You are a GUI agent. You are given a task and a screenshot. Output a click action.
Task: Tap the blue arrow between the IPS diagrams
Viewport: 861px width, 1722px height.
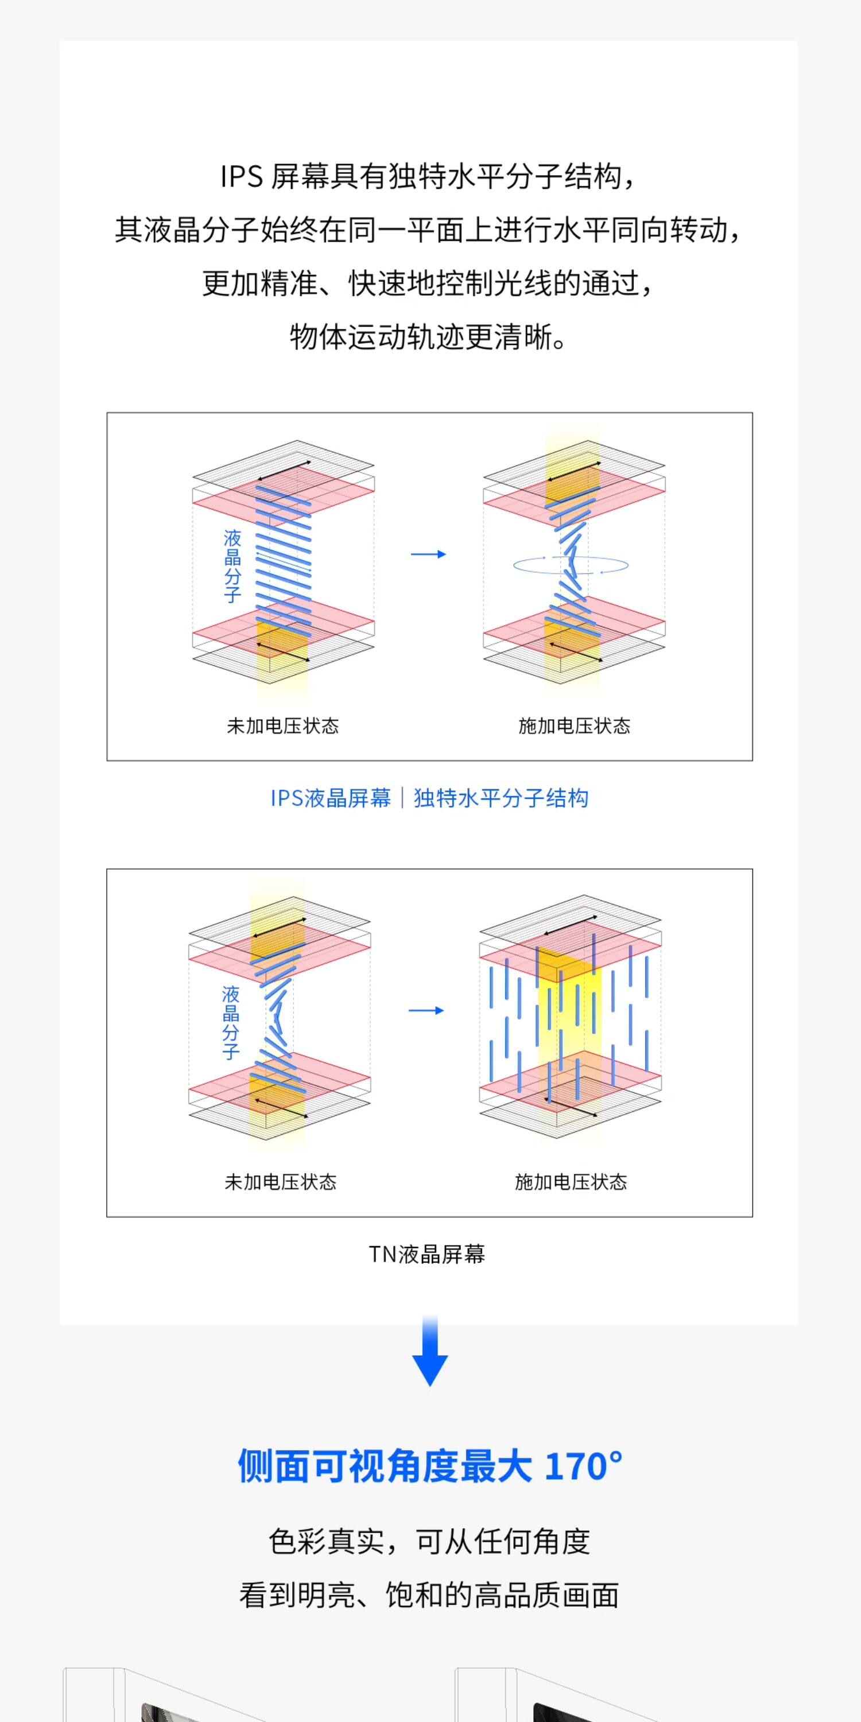(428, 554)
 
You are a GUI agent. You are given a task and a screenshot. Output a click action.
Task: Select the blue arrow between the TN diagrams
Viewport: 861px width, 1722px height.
(426, 1010)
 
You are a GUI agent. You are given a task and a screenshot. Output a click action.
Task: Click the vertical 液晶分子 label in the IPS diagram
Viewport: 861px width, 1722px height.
(232, 566)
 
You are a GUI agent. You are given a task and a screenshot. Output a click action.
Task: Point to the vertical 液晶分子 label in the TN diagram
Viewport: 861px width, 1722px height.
(231, 1023)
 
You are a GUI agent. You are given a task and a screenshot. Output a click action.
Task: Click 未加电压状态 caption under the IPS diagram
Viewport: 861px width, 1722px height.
(283, 726)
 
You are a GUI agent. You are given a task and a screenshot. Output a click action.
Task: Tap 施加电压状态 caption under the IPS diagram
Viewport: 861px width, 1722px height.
(574, 726)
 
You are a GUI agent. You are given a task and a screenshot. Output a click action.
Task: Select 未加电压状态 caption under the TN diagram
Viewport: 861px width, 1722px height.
(281, 1182)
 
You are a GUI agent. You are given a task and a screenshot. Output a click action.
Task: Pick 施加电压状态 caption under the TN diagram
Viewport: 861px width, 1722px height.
(571, 1182)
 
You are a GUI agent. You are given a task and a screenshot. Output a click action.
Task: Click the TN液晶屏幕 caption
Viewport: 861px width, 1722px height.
(427, 1254)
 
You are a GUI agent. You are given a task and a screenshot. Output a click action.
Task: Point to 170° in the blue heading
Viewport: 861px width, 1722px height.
(583, 1466)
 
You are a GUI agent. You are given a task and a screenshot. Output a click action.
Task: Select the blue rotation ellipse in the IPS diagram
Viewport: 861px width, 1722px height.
(570, 565)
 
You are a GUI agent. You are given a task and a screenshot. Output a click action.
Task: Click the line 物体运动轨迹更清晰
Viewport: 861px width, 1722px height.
(429, 337)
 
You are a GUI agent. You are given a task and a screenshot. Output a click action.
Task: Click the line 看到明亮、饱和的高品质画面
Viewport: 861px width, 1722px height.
(429, 1596)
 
